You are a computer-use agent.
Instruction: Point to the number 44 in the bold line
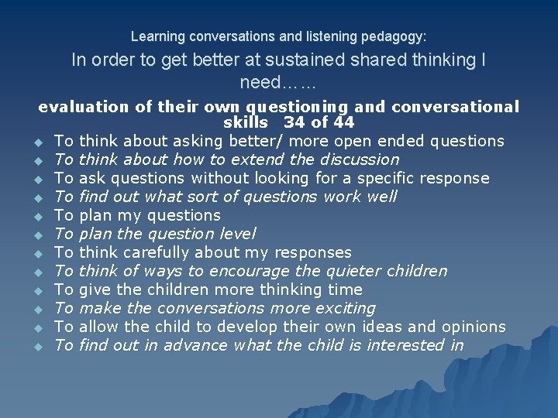pyautogui.click(x=341, y=122)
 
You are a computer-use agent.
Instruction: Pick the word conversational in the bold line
pyautogui.click(x=467, y=107)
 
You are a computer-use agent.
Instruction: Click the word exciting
pyautogui.click(x=343, y=308)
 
